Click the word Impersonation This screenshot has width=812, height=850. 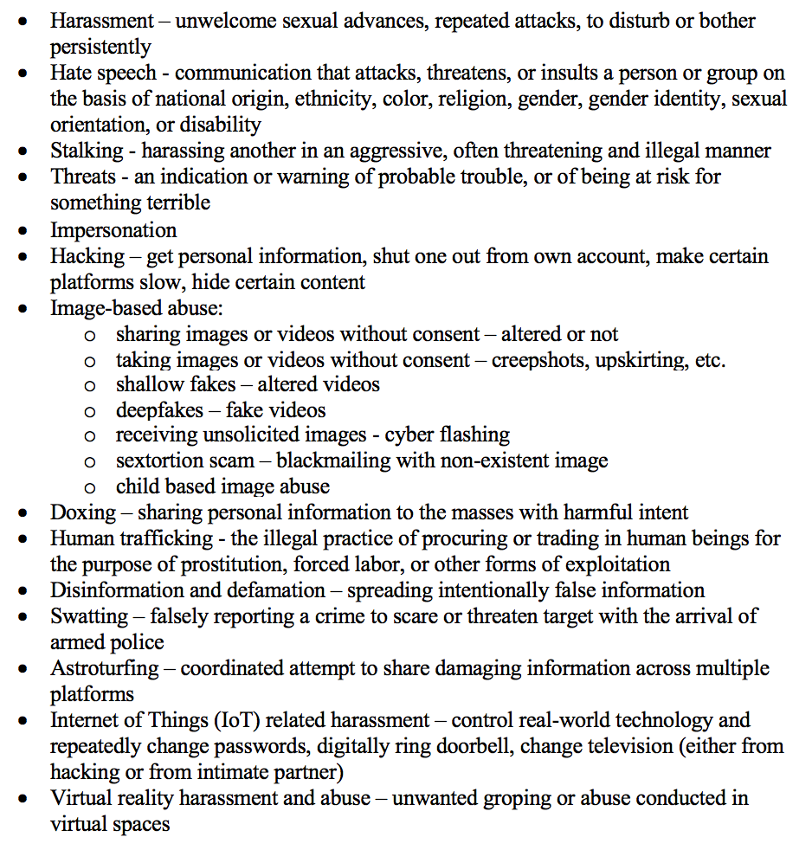113,230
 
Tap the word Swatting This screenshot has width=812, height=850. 89,616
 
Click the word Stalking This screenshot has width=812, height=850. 87,151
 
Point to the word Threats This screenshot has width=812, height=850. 83,177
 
